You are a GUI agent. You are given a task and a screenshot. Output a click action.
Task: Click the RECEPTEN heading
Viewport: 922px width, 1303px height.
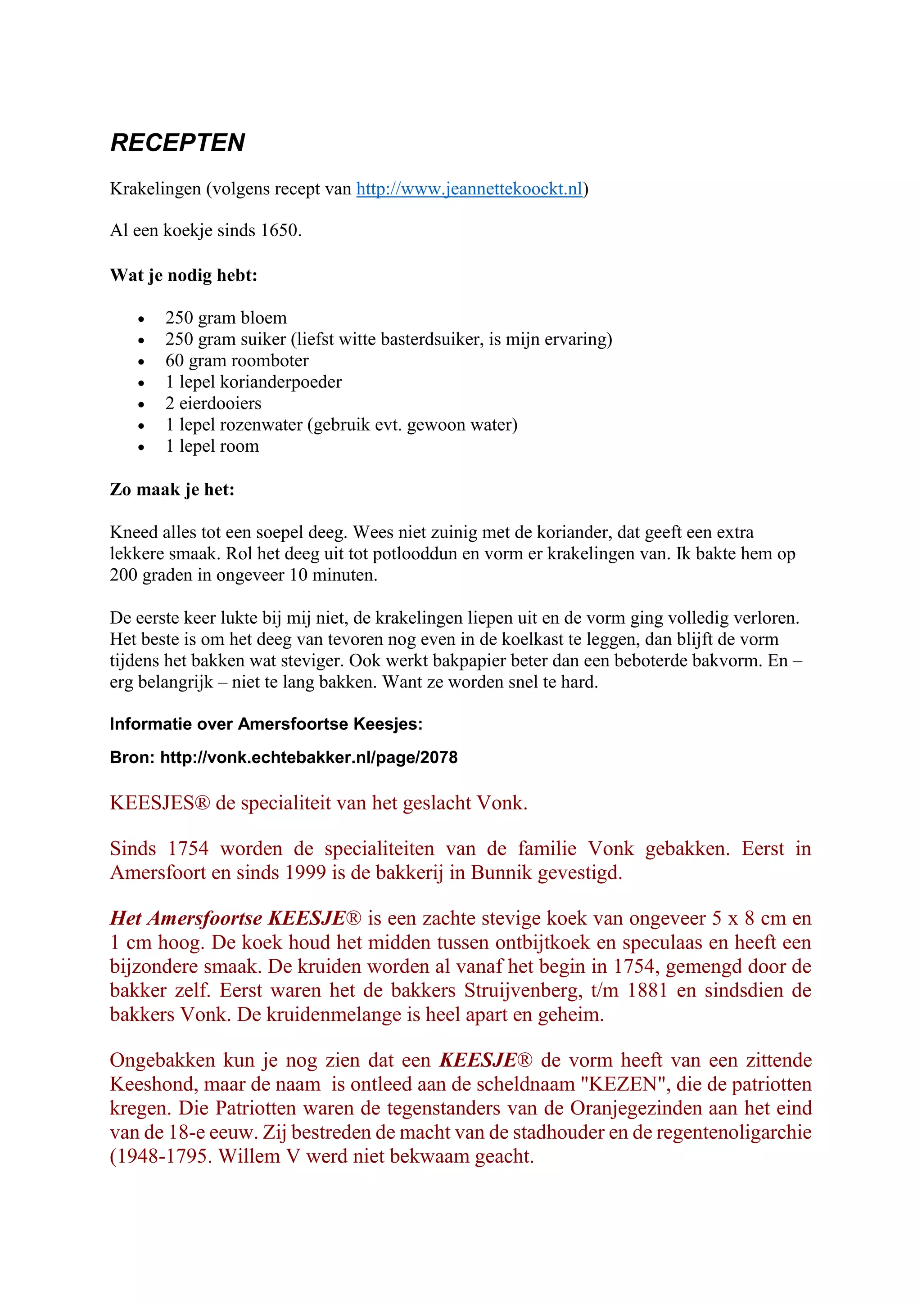(177, 143)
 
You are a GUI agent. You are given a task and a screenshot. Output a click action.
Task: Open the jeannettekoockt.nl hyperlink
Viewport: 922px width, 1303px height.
(469, 189)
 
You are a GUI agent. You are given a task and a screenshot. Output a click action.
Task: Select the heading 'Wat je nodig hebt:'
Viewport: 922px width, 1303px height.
(183, 276)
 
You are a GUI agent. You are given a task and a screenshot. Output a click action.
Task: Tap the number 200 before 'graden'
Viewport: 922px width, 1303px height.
(123, 575)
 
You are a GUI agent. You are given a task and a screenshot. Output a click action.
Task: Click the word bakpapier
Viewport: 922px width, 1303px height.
(494, 661)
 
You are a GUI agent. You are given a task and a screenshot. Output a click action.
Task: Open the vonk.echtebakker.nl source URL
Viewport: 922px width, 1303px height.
(309, 758)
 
